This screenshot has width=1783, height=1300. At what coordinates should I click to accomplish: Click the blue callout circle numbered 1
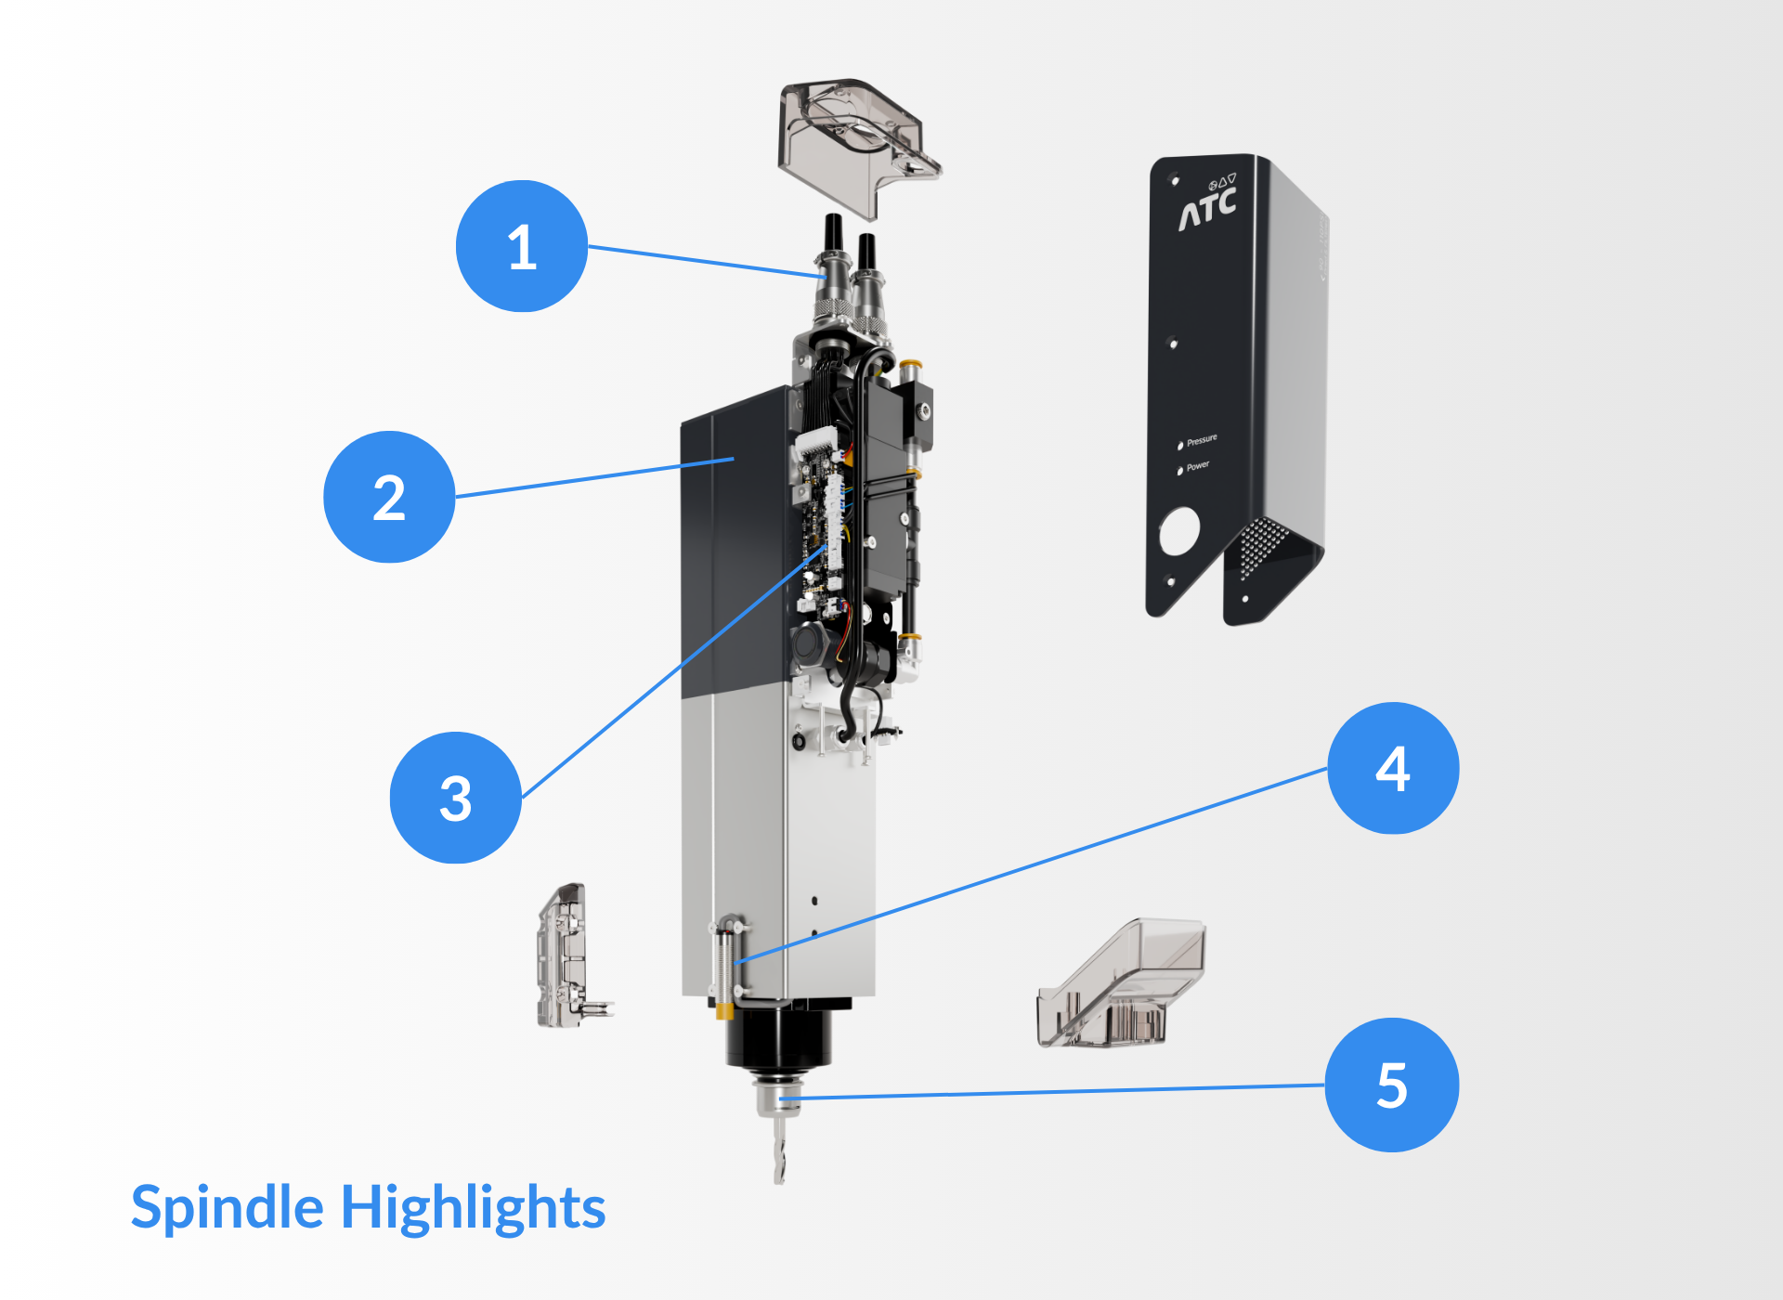pyautogui.click(x=522, y=247)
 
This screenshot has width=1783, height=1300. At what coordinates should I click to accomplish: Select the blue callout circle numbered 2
pyautogui.click(x=389, y=497)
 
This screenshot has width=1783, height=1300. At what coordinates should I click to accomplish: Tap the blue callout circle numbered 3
pyautogui.click(x=455, y=799)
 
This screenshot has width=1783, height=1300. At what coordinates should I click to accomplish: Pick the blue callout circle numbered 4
pyautogui.click(x=1393, y=769)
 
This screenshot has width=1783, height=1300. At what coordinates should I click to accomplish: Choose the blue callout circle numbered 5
pyautogui.click(x=1391, y=1085)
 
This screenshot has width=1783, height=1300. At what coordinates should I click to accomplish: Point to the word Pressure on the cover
pyautogui.click(x=1202, y=440)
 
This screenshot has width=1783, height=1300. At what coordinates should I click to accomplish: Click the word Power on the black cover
pyautogui.click(x=1197, y=466)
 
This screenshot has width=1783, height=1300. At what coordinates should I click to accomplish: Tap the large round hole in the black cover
pyautogui.click(x=1179, y=531)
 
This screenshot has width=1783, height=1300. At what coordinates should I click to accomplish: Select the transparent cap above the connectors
pyautogui.click(x=854, y=139)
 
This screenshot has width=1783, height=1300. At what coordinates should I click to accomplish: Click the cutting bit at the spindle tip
pyautogui.click(x=780, y=1151)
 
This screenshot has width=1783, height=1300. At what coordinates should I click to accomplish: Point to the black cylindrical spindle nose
pyautogui.click(x=778, y=1040)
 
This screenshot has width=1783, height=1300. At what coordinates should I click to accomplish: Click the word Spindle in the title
pyautogui.click(x=228, y=1208)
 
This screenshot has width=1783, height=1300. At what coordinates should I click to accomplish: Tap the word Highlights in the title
pyautogui.click(x=474, y=1208)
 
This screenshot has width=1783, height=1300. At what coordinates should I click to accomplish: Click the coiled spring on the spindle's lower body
pyautogui.click(x=724, y=966)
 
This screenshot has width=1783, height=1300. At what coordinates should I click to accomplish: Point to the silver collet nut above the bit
pyautogui.click(x=778, y=1099)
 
